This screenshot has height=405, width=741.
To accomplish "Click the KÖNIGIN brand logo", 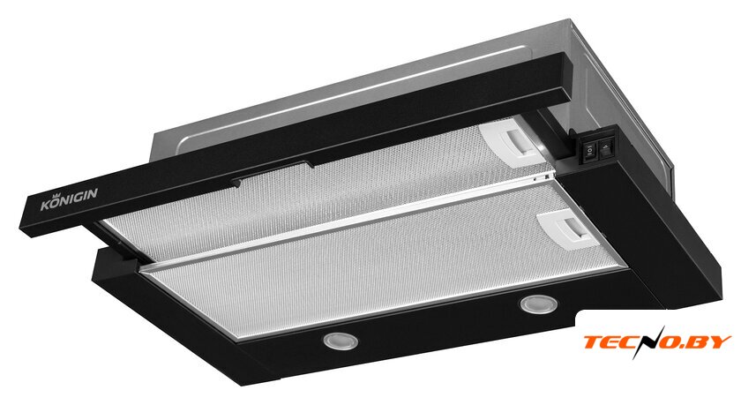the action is click(69, 199).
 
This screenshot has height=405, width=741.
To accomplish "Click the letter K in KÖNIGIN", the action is click(45, 206).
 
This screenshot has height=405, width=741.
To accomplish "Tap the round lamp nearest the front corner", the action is click(340, 341).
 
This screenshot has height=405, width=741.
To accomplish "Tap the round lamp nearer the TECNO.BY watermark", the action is click(538, 304).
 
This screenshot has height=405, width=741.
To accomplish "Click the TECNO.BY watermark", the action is click(657, 342).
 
